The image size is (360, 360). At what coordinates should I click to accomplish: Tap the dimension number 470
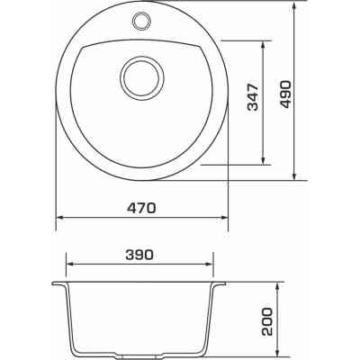tap(142, 207)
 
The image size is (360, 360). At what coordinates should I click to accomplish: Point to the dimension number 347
tap(253, 102)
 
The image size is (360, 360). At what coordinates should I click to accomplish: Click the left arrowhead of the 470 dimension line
tap(60, 217)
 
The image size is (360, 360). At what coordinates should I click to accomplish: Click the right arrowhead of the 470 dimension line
tap(223, 217)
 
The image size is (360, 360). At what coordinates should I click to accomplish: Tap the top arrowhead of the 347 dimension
tap(265, 44)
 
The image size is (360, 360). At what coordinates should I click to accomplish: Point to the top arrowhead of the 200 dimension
tap(279, 286)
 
